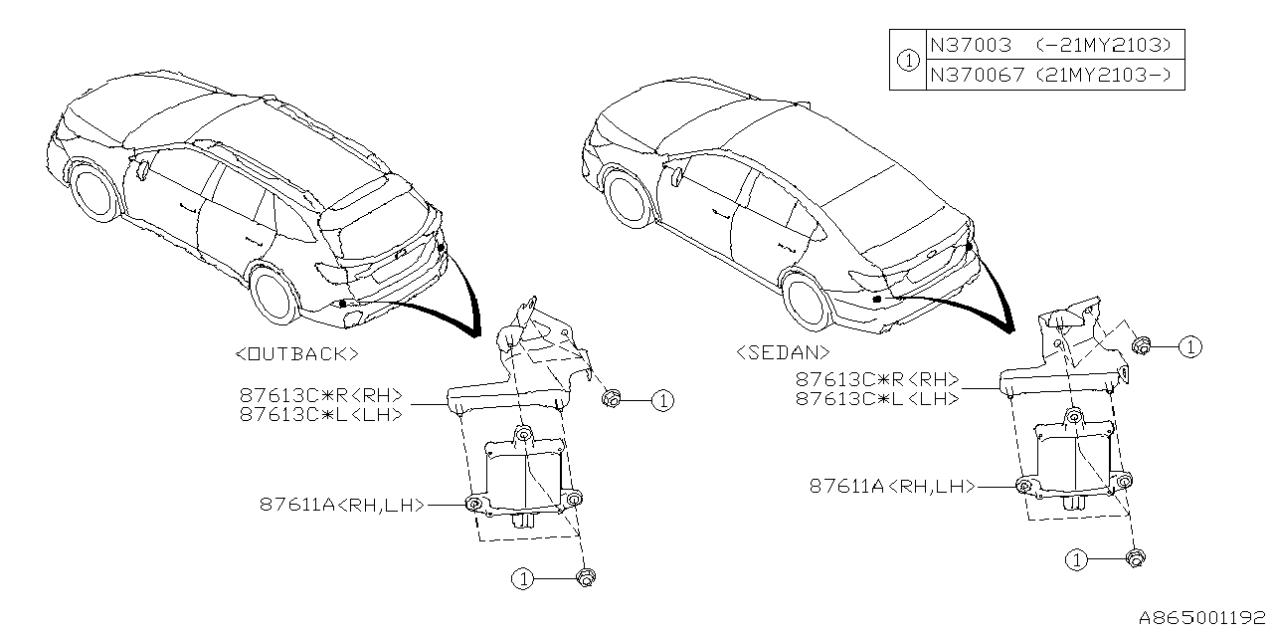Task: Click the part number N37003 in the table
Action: click(970, 45)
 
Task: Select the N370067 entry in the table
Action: click(977, 74)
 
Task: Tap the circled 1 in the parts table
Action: click(907, 60)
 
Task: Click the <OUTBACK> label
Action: click(297, 353)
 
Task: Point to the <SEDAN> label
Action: click(784, 351)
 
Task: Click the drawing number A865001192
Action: click(1201, 617)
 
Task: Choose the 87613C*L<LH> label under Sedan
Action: click(876, 398)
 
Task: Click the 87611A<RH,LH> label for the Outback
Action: click(342, 505)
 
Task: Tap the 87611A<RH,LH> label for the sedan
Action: click(890, 486)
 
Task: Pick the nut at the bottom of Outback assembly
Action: click(587, 576)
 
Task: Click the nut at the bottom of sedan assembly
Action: click(1135, 557)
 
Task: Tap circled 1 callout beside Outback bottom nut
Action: click(523, 577)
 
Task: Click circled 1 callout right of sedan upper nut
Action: click(1190, 346)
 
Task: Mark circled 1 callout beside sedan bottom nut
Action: click(1075, 559)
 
